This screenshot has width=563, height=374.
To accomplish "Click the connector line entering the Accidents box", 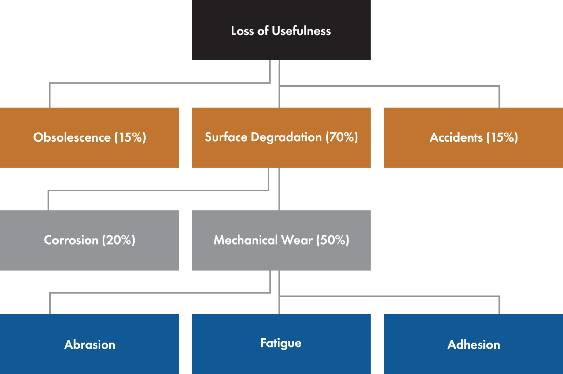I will (499, 97).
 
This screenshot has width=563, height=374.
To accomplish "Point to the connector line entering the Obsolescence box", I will (50, 95).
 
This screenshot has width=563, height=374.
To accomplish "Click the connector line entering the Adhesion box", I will (499, 305).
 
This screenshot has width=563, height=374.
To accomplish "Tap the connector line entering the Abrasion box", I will (50, 303).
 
